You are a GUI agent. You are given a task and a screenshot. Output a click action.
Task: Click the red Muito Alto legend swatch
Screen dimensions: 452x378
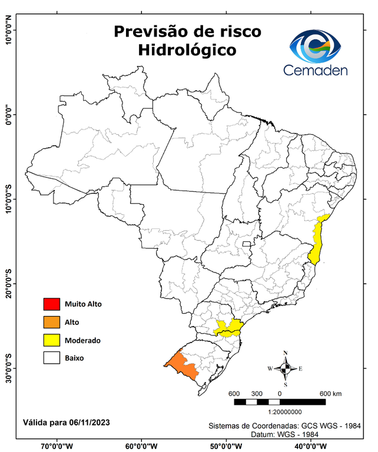pyautogui.click(x=51, y=304)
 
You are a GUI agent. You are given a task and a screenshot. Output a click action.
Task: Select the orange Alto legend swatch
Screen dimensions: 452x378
pyautogui.click(x=51, y=322)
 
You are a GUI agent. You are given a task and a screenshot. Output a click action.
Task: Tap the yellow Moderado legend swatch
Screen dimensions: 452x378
pyautogui.click(x=51, y=340)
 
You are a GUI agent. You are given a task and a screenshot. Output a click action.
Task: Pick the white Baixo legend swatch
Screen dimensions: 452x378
pyautogui.click(x=51, y=358)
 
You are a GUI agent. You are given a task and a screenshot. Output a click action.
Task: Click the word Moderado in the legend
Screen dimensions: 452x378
pyautogui.click(x=82, y=340)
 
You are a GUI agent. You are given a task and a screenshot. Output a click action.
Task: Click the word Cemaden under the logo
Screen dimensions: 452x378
pyautogui.click(x=316, y=71)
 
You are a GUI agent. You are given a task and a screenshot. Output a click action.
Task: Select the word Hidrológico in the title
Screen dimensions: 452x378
pyautogui.click(x=187, y=50)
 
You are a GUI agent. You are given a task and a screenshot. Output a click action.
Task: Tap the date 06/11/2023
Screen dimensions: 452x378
pyautogui.click(x=88, y=423)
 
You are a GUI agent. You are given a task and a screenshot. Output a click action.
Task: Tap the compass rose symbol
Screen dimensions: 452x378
pyautogui.click(x=286, y=368)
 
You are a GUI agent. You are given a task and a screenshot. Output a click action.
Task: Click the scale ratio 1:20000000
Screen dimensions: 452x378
pyautogui.click(x=285, y=413)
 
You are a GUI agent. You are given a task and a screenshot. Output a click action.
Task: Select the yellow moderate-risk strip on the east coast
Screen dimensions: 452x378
pyautogui.click(x=318, y=241)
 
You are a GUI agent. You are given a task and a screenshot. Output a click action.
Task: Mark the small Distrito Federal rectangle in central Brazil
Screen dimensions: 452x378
pyautogui.click(x=246, y=242)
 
